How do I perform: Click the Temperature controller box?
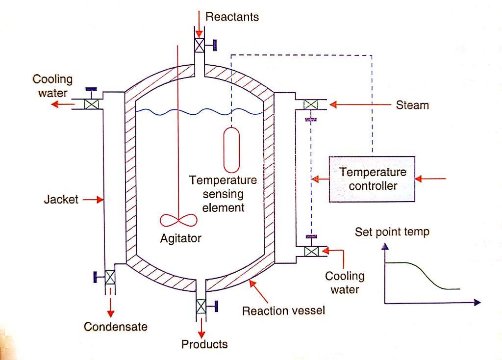(372, 179)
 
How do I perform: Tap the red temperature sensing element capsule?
(231, 150)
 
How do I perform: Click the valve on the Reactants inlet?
(200, 45)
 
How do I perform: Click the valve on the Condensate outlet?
(110, 278)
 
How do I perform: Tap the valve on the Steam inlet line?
(310, 104)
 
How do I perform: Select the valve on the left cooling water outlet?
(91, 104)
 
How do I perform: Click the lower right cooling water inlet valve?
(311, 251)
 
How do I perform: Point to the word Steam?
(412, 105)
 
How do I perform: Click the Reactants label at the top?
(232, 17)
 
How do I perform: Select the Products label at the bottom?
(204, 344)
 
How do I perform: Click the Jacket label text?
(61, 200)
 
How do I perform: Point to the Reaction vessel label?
(283, 310)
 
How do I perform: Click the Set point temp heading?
(392, 231)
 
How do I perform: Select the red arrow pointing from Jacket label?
(93, 200)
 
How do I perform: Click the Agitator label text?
(180, 239)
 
